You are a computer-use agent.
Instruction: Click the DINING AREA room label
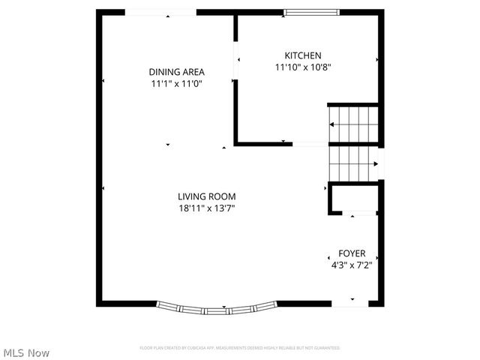176,72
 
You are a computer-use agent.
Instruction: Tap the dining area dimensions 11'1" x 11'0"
176,83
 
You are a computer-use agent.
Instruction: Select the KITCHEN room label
303,55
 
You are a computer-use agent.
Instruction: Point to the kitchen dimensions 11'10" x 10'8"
303,67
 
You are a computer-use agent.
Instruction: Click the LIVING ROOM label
207,196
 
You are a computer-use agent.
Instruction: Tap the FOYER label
352,253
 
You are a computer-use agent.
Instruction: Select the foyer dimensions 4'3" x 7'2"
352,265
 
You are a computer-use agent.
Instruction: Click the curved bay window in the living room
217,307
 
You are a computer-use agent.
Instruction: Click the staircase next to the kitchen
353,142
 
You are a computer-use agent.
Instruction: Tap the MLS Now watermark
26,352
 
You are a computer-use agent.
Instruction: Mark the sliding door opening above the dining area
160,12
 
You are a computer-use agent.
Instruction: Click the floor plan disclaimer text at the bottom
240,348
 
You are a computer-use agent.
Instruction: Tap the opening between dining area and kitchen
235,60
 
